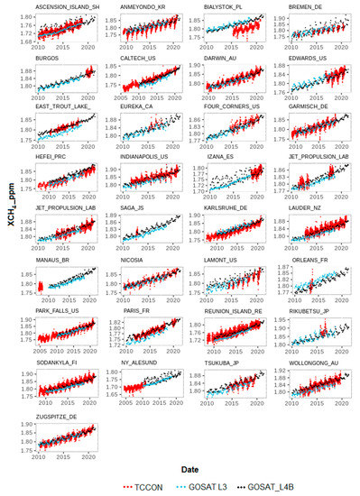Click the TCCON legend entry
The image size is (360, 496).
point(152,487)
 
